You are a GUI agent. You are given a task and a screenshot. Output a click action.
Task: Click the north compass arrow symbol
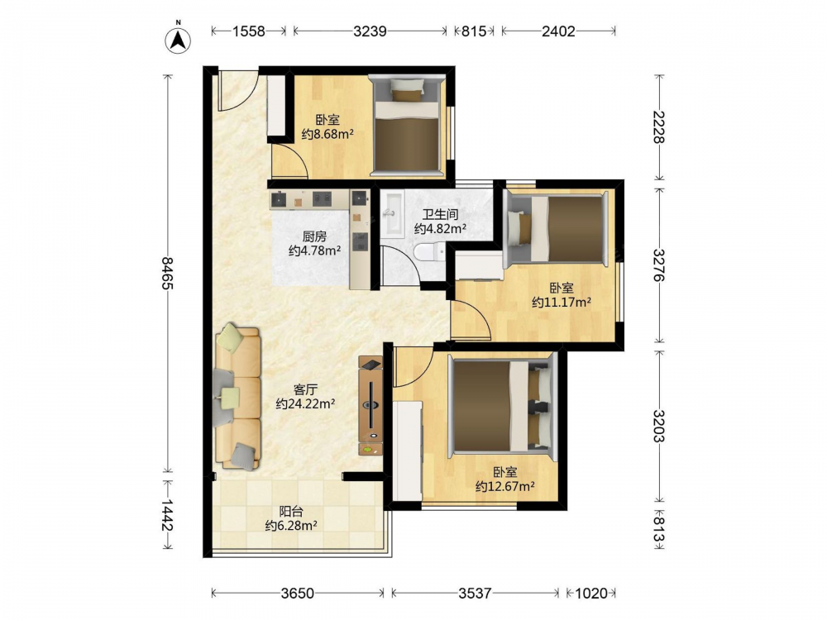(179, 39)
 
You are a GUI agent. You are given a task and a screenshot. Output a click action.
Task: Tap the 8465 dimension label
(167, 273)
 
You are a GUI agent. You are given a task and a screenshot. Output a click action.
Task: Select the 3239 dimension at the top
(370, 31)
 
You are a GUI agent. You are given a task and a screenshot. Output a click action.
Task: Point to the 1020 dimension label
(590, 594)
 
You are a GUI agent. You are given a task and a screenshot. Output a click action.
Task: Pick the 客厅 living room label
(305, 390)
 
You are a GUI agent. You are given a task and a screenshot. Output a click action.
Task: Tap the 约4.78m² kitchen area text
(314, 250)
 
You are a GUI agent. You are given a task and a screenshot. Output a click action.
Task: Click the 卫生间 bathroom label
(440, 215)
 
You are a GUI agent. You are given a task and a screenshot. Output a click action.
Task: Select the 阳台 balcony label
(291, 512)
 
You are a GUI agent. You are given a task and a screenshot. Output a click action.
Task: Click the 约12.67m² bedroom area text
(504, 486)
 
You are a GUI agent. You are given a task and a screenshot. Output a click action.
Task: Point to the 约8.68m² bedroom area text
(327, 134)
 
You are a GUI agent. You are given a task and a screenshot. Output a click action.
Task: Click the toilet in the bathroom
(430, 252)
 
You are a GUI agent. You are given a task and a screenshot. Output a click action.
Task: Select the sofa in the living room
(238, 397)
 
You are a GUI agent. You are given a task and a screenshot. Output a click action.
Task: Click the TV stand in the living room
(370, 405)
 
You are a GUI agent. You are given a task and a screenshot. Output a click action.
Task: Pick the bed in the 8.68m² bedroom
(406, 126)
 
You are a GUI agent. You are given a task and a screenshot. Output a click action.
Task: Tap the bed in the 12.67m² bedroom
(502, 406)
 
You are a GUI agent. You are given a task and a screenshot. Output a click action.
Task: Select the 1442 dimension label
(167, 515)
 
